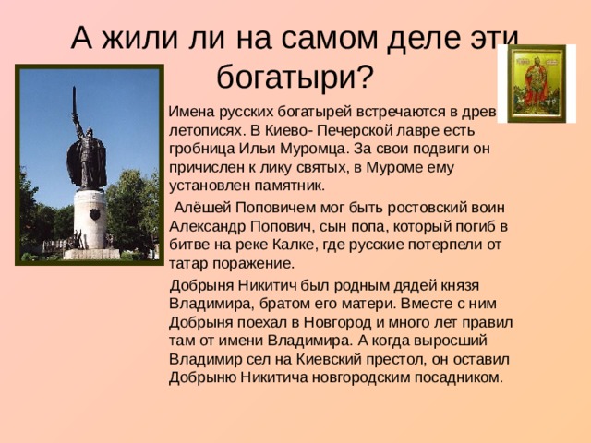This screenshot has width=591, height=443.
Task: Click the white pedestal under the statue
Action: pos(90,221)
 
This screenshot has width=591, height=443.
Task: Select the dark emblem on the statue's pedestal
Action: pos(93,214)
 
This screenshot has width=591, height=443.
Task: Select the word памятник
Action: pos(284,184)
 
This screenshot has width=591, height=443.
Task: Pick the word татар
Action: pos(190,262)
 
